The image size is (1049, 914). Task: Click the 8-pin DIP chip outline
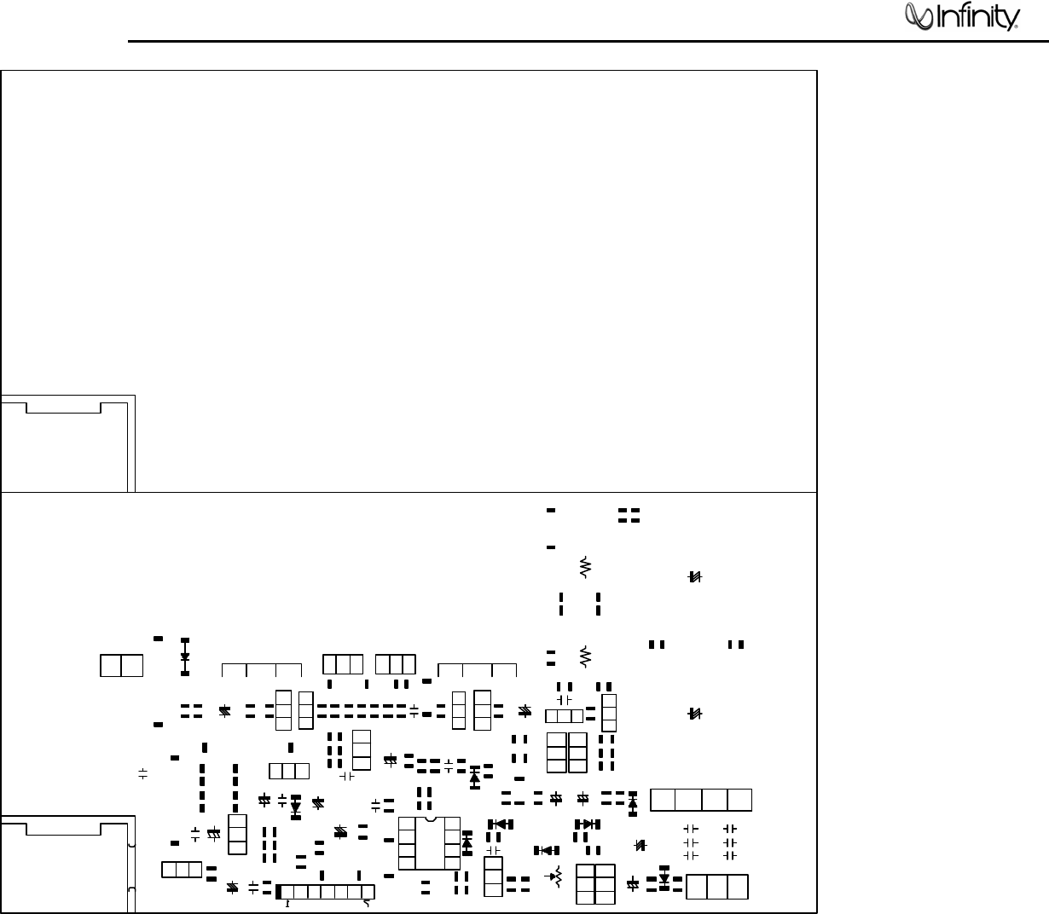point(430,842)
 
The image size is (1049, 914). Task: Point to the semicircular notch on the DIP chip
point(430,819)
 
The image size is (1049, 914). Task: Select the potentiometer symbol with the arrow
point(557,876)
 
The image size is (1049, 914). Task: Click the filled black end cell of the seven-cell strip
point(279,891)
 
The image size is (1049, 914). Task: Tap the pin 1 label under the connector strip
point(287,904)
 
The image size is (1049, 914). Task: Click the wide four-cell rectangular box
point(701,800)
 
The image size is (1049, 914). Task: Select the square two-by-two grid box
point(595,884)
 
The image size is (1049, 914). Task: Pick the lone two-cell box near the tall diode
point(121,665)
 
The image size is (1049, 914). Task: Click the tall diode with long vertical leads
point(185,657)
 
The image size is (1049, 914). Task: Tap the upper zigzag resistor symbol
point(585,566)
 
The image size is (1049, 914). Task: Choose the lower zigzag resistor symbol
point(585,656)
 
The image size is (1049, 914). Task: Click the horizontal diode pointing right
point(587,824)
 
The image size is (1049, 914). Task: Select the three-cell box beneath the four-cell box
point(717,886)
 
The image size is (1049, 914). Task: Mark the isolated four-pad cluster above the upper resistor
point(629,515)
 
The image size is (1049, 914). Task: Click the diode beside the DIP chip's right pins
point(467,842)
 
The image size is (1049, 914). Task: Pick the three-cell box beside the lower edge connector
point(182,870)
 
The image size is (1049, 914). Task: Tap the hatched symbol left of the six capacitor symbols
point(642,845)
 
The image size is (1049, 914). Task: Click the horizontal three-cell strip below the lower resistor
point(565,716)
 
